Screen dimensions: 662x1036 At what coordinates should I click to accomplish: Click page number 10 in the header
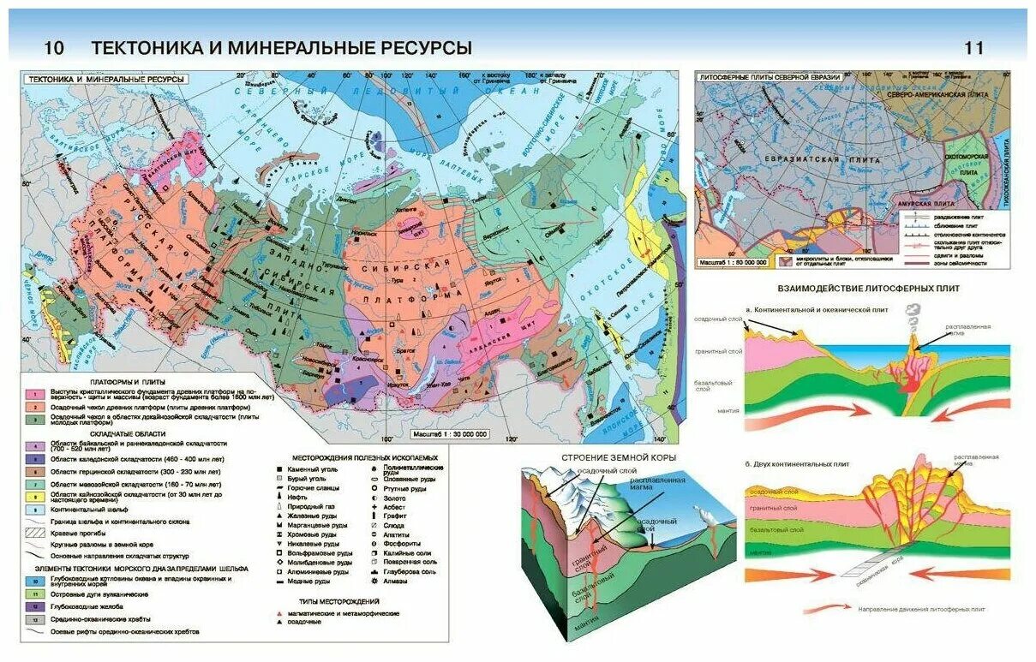click(53, 48)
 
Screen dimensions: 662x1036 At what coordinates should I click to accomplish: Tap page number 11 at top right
click(974, 48)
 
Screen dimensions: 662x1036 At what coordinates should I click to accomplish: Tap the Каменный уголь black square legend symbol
click(279, 470)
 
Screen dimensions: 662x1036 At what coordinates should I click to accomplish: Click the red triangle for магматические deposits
click(279, 613)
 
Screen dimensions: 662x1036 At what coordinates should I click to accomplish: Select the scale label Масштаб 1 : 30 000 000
click(449, 434)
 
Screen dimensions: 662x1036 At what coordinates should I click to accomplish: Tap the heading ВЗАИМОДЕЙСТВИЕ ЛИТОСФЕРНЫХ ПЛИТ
click(867, 289)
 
